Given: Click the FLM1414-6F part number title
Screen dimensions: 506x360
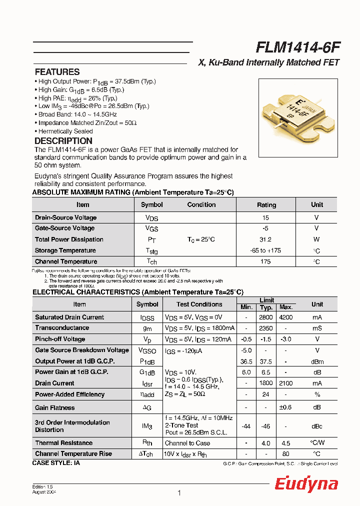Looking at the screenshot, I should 298,47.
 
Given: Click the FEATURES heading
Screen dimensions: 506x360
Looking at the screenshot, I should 57,72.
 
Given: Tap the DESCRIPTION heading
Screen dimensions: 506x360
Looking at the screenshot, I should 63,141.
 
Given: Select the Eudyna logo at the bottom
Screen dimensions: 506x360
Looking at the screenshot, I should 306,484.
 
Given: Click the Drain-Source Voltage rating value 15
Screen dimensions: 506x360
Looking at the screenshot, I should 265,218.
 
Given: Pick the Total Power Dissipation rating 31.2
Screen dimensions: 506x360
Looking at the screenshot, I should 265,239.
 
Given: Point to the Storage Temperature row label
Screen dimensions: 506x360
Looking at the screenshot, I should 65,250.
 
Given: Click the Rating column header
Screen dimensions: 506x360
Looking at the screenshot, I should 266,205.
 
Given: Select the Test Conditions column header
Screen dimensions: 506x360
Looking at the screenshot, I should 199,304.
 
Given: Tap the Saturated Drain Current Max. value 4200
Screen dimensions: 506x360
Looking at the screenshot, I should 285,317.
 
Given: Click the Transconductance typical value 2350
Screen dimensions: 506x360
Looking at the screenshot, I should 266,328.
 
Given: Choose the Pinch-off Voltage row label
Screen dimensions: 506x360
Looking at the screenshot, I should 60,339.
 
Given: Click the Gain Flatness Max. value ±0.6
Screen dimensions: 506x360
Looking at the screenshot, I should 285,407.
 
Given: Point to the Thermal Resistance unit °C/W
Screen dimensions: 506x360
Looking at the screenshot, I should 317,443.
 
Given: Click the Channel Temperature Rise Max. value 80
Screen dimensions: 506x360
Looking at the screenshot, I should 285,454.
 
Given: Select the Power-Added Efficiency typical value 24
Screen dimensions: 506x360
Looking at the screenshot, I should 266,394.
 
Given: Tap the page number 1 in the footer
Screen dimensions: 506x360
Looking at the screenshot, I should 179,493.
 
